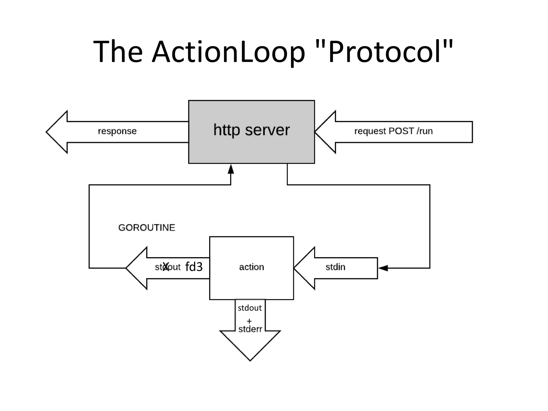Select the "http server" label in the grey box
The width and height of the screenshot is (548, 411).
(x=251, y=130)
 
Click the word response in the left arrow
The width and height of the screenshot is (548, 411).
(x=117, y=131)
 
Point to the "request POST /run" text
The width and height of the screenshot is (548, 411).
(x=393, y=131)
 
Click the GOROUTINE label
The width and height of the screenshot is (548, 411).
(x=147, y=228)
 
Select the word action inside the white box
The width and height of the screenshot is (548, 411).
(x=252, y=267)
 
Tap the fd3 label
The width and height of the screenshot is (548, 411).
(x=194, y=267)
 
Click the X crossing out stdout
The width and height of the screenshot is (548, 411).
(x=166, y=267)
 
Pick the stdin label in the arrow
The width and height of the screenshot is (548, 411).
(x=335, y=267)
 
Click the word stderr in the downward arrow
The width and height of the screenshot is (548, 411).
(x=250, y=329)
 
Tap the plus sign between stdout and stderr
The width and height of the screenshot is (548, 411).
(x=249, y=321)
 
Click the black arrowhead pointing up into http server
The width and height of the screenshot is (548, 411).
(x=231, y=169)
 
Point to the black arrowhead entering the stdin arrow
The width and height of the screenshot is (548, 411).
(x=383, y=268)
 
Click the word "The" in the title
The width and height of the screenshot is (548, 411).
(x=118, y=51)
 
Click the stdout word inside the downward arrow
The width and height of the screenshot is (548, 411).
(x=250, y=308)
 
